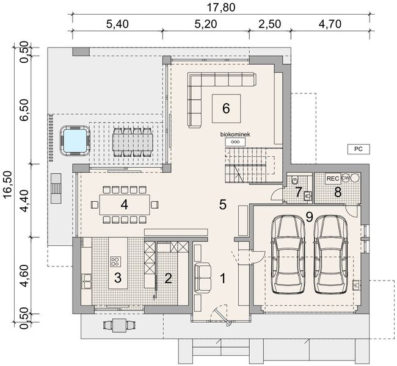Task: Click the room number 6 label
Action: coord(225,109)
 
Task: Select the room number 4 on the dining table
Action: coord(125,204)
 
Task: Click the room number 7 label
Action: coord(299,193)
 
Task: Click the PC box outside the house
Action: coord(357,148)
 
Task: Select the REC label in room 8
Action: coord(332,178)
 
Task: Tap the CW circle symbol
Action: coord(346,178)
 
